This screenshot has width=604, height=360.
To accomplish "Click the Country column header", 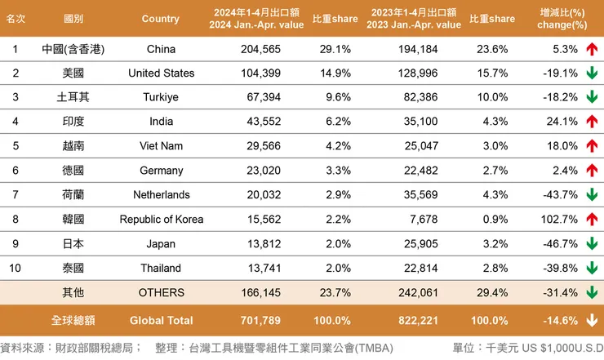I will [160, 19].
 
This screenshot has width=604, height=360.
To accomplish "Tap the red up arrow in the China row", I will [593, 49].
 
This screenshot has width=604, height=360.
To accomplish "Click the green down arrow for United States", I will [593, 73].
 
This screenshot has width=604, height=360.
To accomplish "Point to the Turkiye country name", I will [161, 97].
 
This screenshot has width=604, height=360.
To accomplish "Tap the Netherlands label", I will [161, 195].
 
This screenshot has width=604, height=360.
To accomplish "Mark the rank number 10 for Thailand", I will [15, 268].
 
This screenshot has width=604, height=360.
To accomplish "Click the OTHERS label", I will [161, 292].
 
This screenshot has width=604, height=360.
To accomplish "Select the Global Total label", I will [161, 320].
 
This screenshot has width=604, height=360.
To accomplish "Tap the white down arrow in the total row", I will [593, 320].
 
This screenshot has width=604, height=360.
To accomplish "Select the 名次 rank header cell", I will [15, 19].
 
